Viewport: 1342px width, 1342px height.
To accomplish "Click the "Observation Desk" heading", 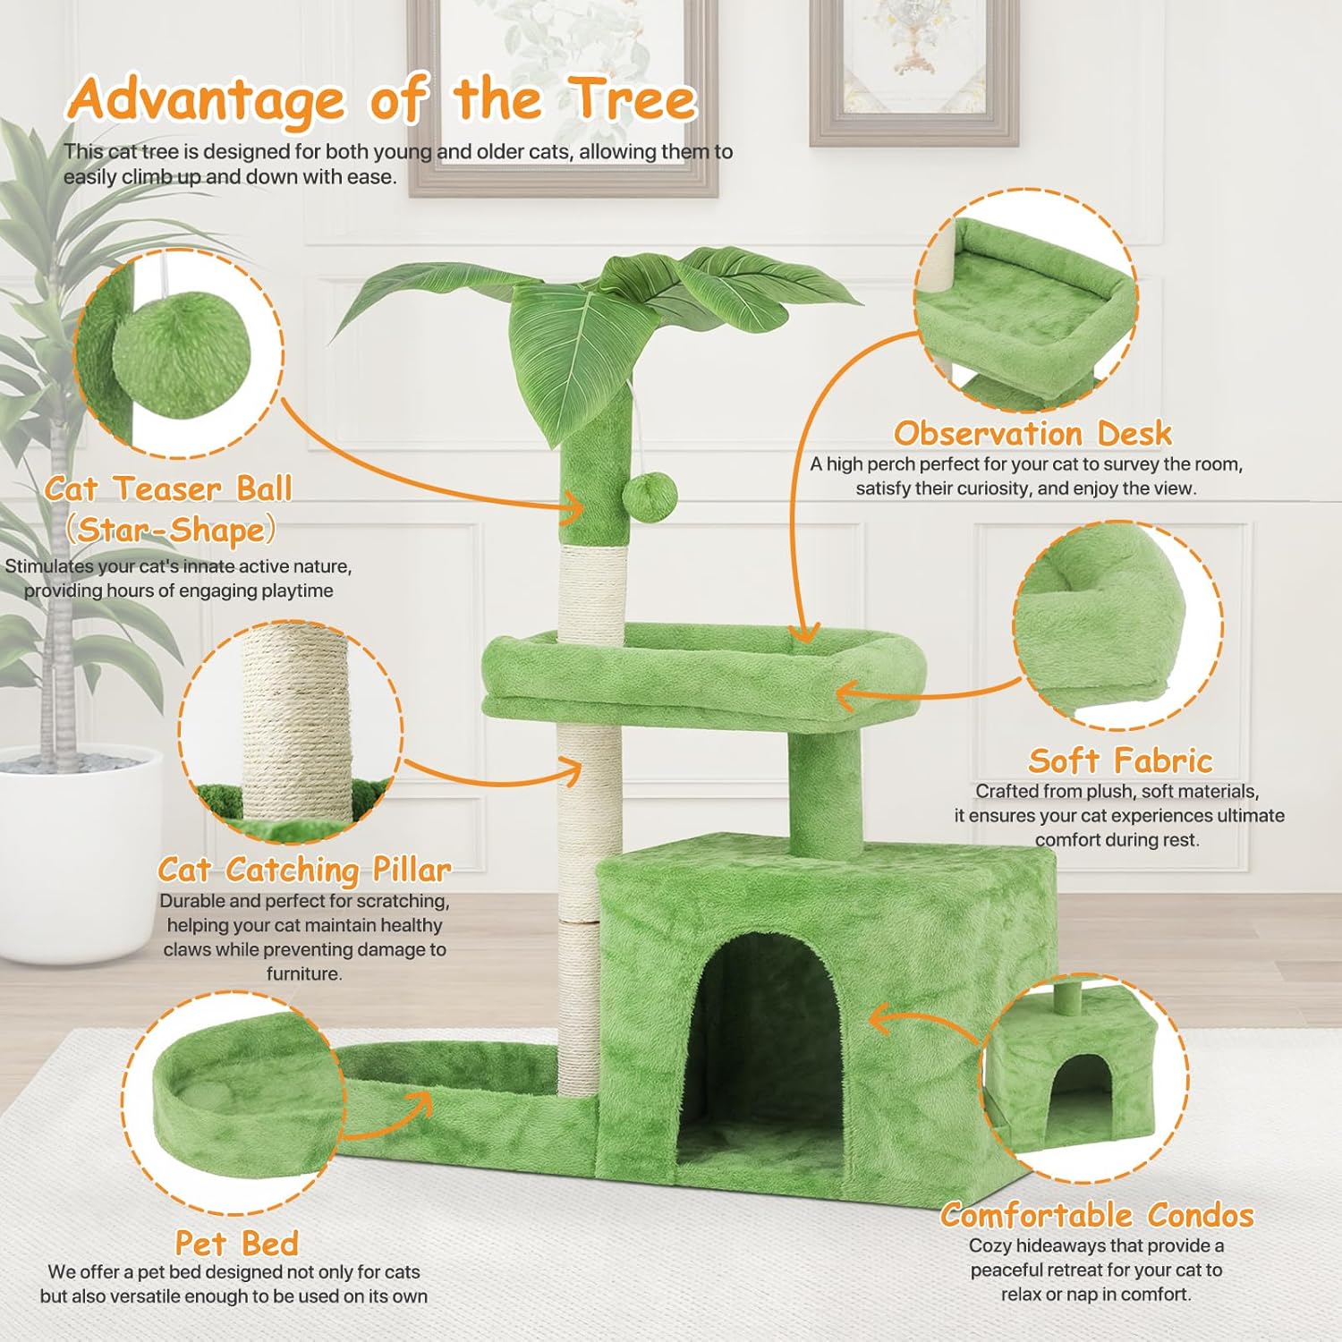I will [x=1032, y=434].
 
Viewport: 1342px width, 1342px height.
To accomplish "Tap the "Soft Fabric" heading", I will [x=1120, y=760].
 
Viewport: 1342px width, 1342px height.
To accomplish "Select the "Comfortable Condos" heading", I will [x=1097, y=1215].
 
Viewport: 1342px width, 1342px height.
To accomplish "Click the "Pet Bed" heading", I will [x=236, y=1244].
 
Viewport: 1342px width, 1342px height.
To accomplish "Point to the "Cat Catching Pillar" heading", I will [x=304, y=870].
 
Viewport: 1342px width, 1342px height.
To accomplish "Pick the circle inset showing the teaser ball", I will [x=179, y=353].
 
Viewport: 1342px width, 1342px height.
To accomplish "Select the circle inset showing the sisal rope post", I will [x=291, y=732].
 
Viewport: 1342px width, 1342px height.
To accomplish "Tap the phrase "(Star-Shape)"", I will [x=170, y=530].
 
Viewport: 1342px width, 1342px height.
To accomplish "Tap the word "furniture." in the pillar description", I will [x=304, y=973].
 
